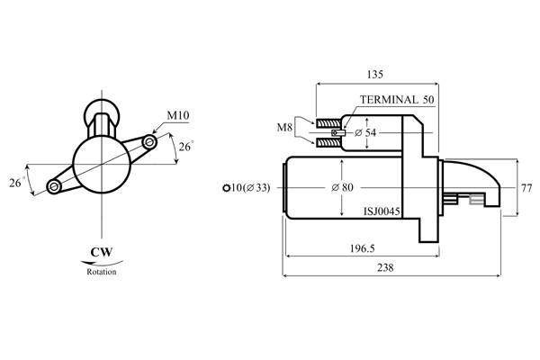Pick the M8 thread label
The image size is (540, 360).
(x=284, y=129)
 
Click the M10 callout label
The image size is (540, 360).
(x=176, y=116)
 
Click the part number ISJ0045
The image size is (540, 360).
(x=382, y=212)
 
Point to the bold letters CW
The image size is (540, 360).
(x=101, y=253)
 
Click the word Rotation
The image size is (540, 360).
(x=101, y=271)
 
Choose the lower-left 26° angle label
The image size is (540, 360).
(x=16, y=183)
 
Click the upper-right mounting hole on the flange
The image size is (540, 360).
(x=149, y=141)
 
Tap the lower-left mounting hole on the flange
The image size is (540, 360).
(x=54, y=186)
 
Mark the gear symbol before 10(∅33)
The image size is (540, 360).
(x=225, y=188)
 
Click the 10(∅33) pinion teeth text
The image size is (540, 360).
(x=251, y=188)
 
